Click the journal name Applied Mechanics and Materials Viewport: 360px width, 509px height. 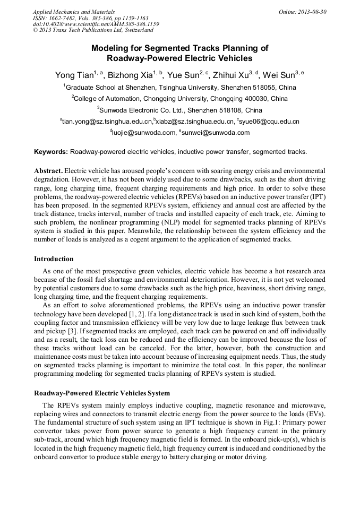tap(73, 12)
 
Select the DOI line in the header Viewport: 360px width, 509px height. tap(96, 24)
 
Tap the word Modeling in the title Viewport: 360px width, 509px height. tap(110, 48)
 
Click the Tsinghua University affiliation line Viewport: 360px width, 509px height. tap(179, 87)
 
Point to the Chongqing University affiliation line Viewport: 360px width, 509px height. tap(179, 99)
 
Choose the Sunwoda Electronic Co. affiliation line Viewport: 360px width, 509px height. tap(179, 110)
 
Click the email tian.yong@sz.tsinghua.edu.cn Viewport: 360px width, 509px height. tap(107, 122)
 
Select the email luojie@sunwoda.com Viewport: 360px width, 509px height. tap(143, 133)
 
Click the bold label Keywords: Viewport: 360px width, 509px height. tap(51, 152)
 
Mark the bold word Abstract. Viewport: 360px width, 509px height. tap(48, 171)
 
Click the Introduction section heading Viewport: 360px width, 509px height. tap(54, 259)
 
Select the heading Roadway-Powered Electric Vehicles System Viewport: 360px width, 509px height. tap(101, 393)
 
